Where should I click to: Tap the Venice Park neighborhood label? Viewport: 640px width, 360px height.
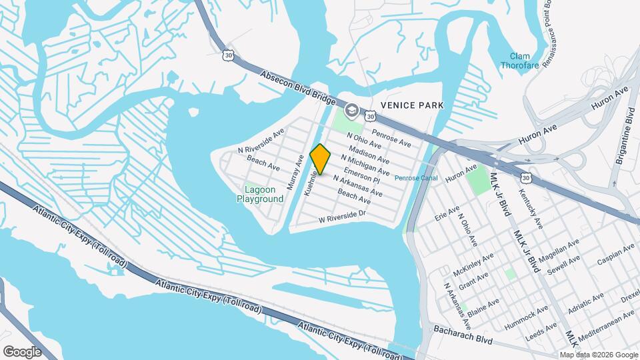click(412, 105)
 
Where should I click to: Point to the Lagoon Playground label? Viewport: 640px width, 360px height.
click(260, 194)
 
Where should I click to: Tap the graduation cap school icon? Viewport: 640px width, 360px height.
click(351, 110)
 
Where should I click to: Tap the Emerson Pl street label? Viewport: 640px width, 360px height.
click(362, 175)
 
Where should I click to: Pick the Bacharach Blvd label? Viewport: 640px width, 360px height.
click(463, 335)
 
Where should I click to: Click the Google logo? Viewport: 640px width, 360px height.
click(22, 351)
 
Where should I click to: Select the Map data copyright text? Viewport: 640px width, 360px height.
click(599, 355)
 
